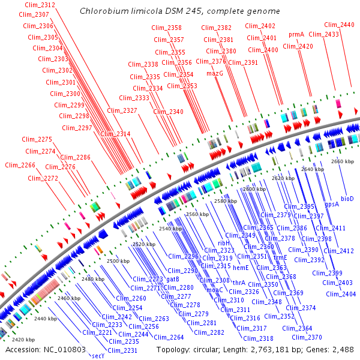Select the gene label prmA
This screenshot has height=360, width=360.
click(x=296, y=35)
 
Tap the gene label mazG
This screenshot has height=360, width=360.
click(x=214, y=73)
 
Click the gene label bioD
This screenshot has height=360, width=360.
click(x=347, y=198)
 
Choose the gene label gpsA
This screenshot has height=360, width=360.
click(x=332, y=204)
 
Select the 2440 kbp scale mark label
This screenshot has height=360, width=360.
click(x=45, y=318)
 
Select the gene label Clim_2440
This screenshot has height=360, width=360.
click(x=339, y=25)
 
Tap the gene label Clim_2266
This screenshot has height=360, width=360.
click(x=20, y=165)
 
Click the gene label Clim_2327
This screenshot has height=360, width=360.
click(x=122, y=110)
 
